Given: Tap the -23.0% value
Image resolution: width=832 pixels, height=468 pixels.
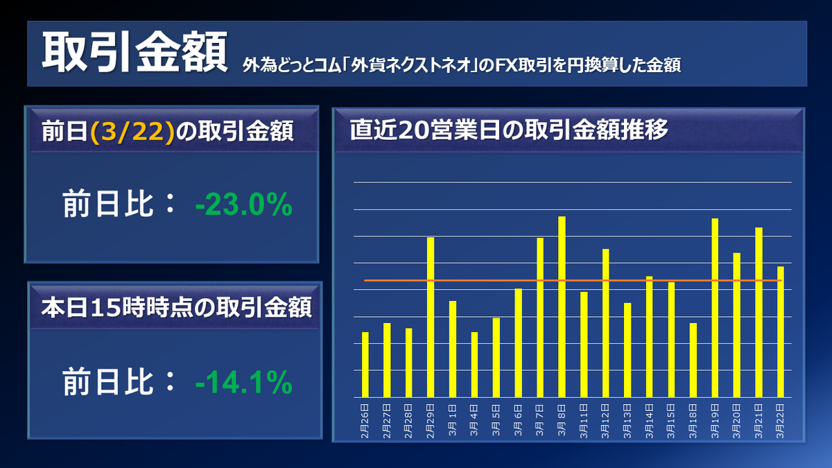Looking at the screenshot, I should point(243,206).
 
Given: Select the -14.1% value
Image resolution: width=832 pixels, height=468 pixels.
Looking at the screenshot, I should point(243,383).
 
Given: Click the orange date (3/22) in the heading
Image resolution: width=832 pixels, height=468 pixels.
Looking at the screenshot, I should point(131,132).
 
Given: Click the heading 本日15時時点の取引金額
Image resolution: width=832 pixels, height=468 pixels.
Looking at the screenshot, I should point(175,307).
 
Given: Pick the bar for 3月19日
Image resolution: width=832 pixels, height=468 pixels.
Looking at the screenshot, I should point(715,308).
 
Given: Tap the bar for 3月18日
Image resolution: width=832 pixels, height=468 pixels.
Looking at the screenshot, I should point(693,360).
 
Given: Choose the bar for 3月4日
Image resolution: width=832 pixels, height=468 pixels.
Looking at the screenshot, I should point(474,365).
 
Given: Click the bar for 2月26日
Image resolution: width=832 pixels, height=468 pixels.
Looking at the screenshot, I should point(365,365).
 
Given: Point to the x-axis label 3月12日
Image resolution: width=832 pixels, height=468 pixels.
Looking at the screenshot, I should point(605,417).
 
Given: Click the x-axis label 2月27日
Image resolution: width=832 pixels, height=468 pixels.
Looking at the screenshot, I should point(387,417).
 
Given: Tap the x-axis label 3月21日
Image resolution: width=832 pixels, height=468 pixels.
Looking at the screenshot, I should point(759,417).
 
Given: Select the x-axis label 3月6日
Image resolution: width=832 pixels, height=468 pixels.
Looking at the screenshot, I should point(518,417).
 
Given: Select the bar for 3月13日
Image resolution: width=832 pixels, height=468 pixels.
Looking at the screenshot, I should point(627,350).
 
